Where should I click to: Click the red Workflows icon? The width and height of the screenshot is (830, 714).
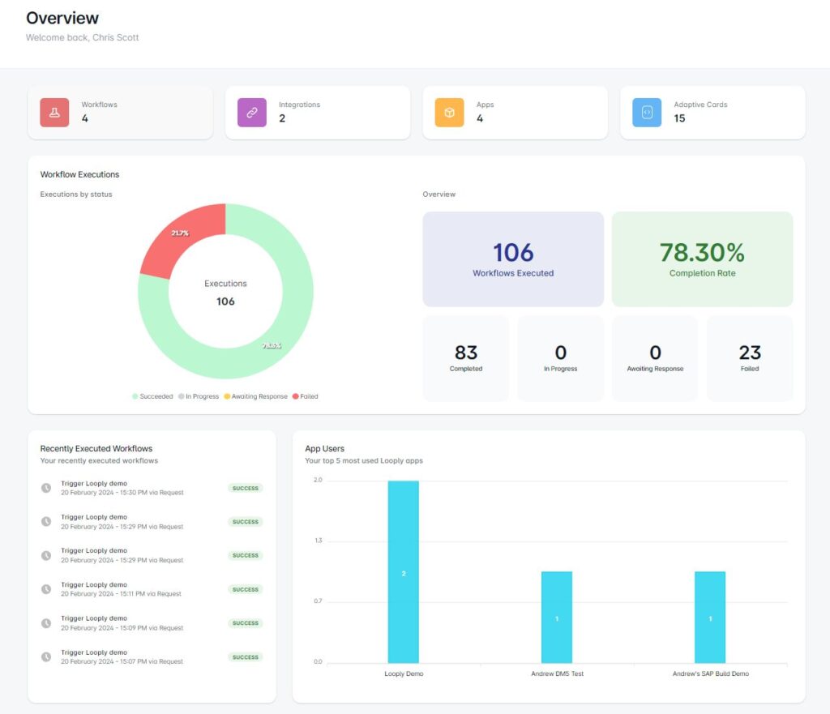click(x=54, y=113)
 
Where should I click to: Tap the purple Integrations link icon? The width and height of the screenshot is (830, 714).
click(x=251, y=113)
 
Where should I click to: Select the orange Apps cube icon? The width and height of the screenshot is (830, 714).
click(x=449, y=113)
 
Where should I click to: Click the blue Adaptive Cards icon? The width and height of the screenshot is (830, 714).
click(x=647, y=113)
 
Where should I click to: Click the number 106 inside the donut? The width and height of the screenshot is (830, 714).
click(x=225, y=301)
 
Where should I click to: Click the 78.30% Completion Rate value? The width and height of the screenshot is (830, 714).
click(x=702, y=252)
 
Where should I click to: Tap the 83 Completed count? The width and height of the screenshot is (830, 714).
click(x=466, y=353)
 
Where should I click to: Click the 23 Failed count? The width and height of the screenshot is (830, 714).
click(x=750, y=353)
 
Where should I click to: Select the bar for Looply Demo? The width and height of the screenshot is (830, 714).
click(x=403, y=571)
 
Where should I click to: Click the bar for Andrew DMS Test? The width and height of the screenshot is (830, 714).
click(x=557, y=617)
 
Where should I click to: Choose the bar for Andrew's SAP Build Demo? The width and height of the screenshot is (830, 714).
click(x=710, y=617)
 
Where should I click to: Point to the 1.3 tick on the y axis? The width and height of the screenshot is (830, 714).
click(x=318, y=541)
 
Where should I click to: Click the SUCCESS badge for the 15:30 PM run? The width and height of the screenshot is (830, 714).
click(x=245, y=488)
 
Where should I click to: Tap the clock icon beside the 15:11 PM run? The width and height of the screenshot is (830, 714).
click(x=46, y=589)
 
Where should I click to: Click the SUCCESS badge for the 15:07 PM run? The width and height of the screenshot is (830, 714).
click(x=245, y=657)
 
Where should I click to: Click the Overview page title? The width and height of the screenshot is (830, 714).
click(x=62, y=18)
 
